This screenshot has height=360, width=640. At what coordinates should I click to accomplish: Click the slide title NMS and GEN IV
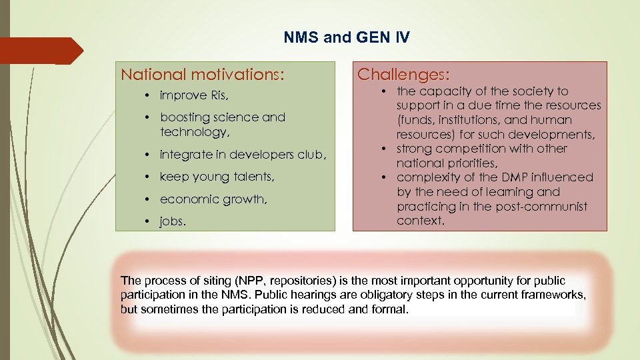pos(347,37)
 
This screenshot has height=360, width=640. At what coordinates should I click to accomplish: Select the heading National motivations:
pos(202,74)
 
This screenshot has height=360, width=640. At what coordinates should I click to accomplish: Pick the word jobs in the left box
pos(173,221)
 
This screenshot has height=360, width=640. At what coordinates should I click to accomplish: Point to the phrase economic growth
pos(207,199)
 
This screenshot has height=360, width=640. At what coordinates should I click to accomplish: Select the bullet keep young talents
pos(217,177)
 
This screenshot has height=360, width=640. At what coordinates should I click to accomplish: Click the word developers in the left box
pos(260,155)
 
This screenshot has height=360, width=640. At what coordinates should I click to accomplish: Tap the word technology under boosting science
pos(193,133)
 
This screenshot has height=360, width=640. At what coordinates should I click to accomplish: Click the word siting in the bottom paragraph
pos(199,281)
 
